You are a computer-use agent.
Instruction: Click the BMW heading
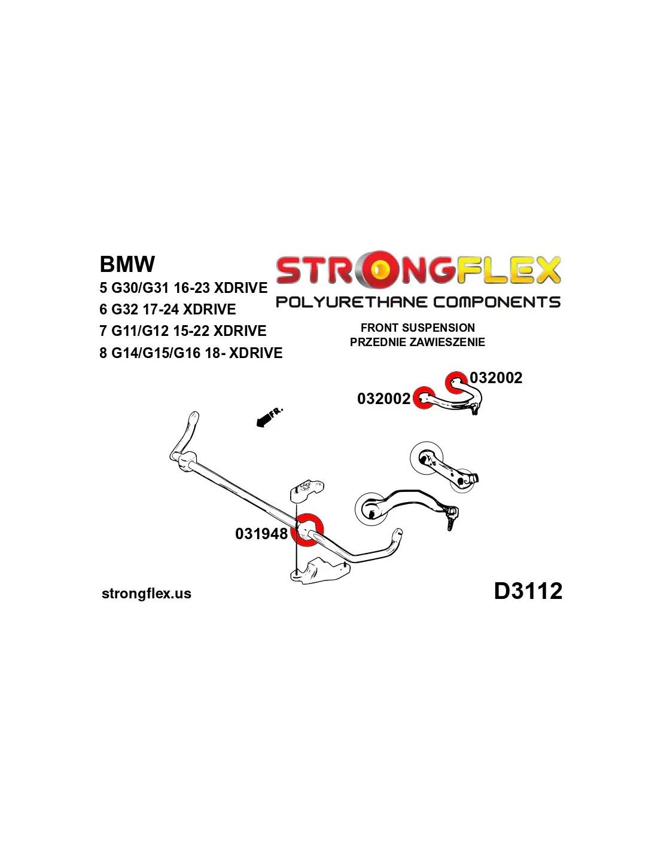pyautogui.click(x=127, y=264)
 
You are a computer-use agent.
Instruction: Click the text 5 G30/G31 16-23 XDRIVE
pyautogui.click(x=183, y=288)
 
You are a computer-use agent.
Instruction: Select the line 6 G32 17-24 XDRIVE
pyautogui.click(x=167, y=310)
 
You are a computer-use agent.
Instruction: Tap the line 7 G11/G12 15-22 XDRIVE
pyautogui.click(x=182, y=331)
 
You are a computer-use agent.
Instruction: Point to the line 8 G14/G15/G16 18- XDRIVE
pyautogui.click(x=191, y=353)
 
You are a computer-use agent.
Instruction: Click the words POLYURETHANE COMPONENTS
pyautogui.click(x=418, y=302)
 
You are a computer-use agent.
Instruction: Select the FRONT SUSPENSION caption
pyautogui.click(x=418, y=328)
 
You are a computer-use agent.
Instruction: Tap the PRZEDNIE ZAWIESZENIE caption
pyautogui.click(x=418, y=342)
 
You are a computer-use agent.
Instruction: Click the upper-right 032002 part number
pyautogui.click(x=496, y=378)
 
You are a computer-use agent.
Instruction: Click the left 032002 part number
pyautogui.click(x=383, y=399)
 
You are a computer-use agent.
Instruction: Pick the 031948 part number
pyautogui.click(x=261, y=534)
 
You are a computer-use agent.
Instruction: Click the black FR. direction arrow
pyautogui.click(x=268, y=418)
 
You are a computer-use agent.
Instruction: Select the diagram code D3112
pyautogui.click(x=528, y=591)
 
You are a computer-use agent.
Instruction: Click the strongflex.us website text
pyautogui.click(x=147, y=594)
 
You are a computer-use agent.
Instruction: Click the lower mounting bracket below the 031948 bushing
pyautogui.click(x=319, y=571)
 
